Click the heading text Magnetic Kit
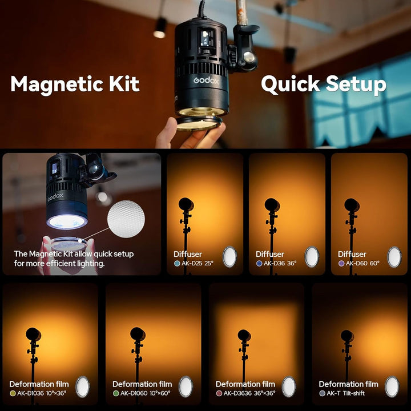[75, 84]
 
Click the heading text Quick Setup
[324, 84]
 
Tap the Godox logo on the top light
[206, 80]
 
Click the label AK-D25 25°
[198, 264]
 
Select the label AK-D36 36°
[280, 264]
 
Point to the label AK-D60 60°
[362, 264]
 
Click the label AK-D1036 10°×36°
[42, 393]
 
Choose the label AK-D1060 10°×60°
[145, 393]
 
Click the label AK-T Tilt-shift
[346, 393]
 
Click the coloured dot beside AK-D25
[177, 264]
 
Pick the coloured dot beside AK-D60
[341, 264]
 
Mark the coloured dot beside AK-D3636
[219, 393]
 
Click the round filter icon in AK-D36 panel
[312, 257]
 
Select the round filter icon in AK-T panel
[392, 386]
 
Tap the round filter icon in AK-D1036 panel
[83, 386]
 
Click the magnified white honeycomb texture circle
[126, 219]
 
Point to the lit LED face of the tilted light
[67, 221]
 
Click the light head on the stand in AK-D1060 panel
[138, 334]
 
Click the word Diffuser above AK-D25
[188, 254]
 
